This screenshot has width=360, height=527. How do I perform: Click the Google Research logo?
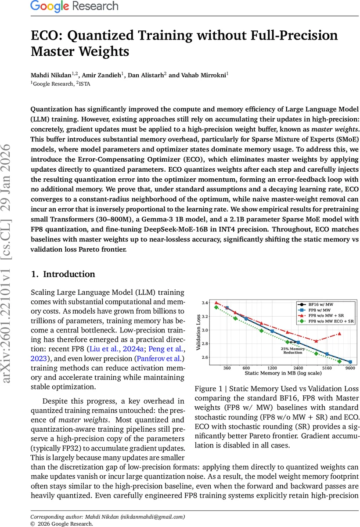click(x=74, y=6)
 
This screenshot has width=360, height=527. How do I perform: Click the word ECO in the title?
click(x=45, y=36)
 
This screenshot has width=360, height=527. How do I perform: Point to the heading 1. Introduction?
click(x=63, y=274)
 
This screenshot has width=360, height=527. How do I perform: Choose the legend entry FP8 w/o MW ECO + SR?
click(x=331, y=321)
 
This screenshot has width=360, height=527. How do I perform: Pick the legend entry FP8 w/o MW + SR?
click(x=327, y=315)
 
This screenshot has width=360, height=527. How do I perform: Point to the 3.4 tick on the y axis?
click(x=205, y=303)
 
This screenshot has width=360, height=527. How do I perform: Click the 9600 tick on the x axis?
click(x=350, y=368)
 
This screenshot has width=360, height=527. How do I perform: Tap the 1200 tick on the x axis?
click(x=272, y=368)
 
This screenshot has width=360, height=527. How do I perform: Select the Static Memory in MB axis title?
click(x=283, y=373)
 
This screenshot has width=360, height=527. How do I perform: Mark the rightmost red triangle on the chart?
click(x=339, y=334)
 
